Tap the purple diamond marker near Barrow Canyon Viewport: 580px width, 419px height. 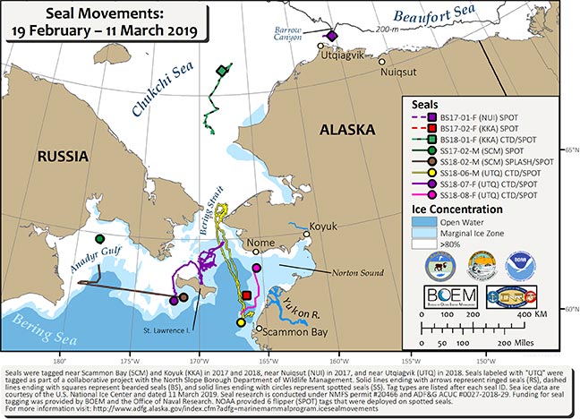[x=331, y=37]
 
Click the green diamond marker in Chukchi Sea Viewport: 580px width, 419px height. [x=221, y=69]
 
